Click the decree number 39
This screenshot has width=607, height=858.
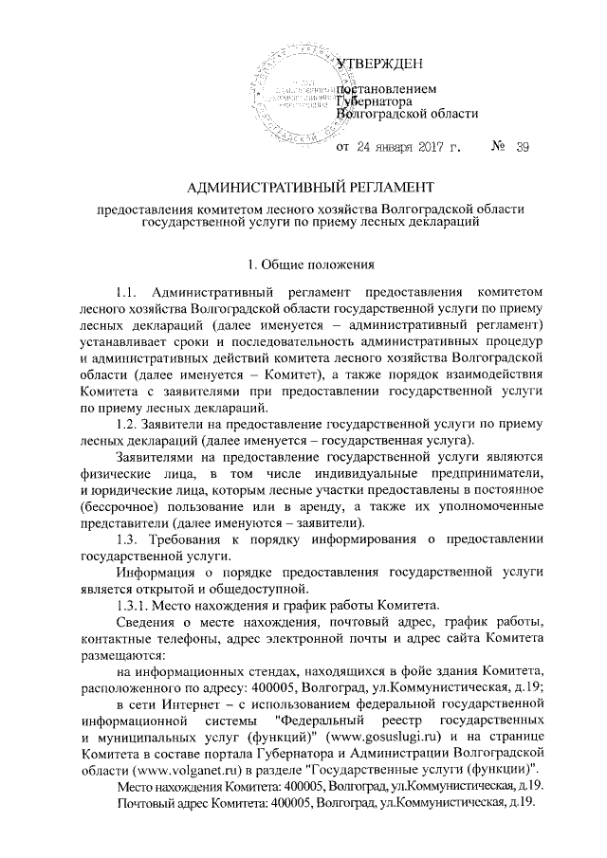click(x=523, y=149)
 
